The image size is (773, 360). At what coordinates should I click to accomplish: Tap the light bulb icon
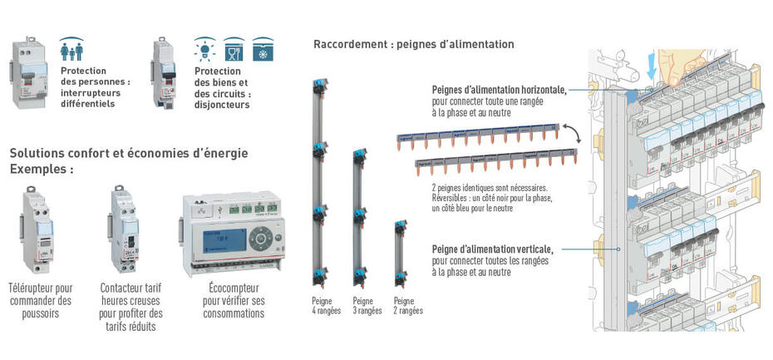[205, 49]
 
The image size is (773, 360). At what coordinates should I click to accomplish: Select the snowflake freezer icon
[263, 49]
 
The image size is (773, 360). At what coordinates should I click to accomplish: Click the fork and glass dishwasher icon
[234, 49]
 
